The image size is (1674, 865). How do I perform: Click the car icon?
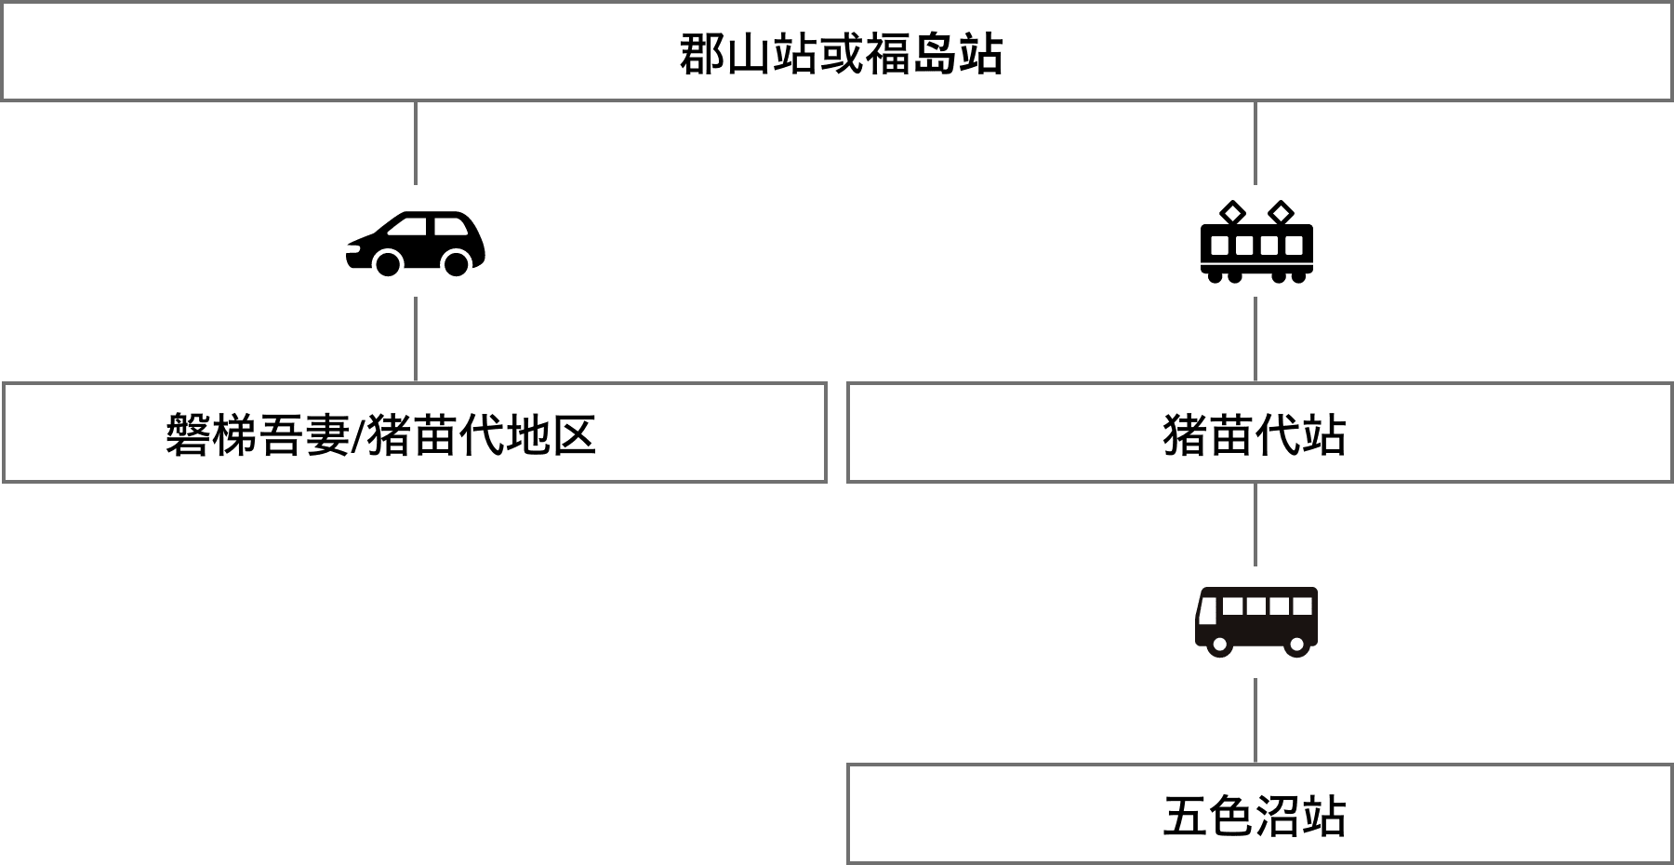415,242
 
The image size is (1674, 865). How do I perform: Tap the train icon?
1255,242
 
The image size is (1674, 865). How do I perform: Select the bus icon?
1255,621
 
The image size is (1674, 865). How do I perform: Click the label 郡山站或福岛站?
841,54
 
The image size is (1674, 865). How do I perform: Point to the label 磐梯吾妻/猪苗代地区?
380,434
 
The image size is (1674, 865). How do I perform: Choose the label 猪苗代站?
1255,434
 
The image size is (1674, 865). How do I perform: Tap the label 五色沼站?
1255,816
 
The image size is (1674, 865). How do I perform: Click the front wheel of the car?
388,264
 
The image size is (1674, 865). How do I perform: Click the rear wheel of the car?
456,264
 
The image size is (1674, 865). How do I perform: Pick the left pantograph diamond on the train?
1232,213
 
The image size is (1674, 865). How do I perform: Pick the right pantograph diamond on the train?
1281,213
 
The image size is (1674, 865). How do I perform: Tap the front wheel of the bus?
1219,645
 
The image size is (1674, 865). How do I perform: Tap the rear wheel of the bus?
1295,645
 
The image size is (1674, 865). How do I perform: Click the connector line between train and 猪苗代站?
1255,339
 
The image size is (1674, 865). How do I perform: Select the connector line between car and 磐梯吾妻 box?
415,339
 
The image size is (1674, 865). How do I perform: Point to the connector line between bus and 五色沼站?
1255,721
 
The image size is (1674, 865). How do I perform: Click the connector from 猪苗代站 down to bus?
1255,524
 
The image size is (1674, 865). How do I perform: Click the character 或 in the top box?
841,54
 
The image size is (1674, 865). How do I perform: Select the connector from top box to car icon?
415,142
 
